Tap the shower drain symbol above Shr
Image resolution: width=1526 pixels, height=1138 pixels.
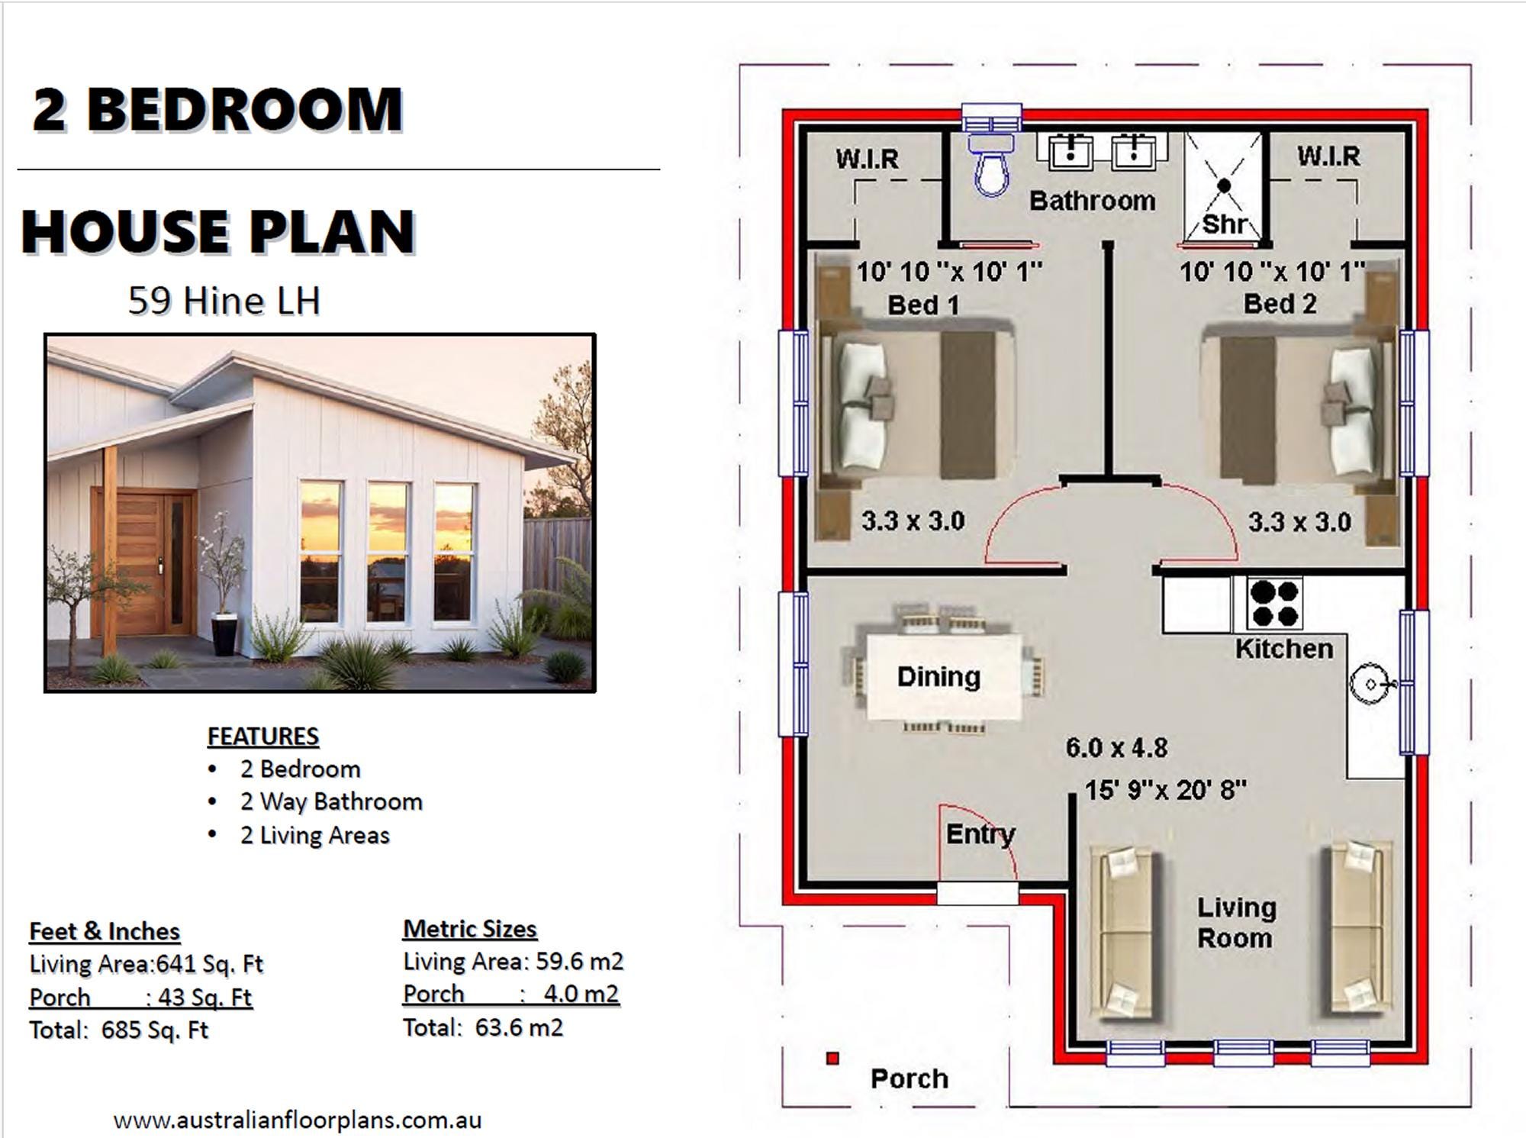point(1225,185)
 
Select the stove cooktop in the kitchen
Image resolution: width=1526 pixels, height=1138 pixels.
point(1273,604)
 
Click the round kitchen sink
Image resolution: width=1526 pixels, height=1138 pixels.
point(1370,685)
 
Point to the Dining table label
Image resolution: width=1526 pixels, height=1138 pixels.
point(938,676)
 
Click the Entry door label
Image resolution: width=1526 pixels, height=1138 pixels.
point(980,833)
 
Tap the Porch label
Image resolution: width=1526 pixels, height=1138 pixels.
point(909,1078)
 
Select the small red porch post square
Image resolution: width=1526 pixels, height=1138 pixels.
point(832,1059)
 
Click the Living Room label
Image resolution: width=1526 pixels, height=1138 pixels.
point(1235,922)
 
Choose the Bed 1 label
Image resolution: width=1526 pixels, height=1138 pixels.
point(922,305)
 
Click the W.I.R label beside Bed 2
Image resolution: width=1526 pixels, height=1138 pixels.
point(1328,156)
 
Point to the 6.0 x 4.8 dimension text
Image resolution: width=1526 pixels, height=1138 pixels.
point(1116,747)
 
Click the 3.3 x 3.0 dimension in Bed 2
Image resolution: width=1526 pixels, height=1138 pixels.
point(1299,522)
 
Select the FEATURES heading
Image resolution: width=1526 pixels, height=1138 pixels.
point(263,737)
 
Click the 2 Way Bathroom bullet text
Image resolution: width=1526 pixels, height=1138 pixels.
point(331,801)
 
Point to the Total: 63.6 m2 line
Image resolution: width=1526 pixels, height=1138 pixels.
point(483,1027)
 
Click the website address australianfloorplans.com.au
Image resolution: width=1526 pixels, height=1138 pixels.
point(298,1120)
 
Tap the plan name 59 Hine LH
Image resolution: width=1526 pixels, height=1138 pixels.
point(224,301)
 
